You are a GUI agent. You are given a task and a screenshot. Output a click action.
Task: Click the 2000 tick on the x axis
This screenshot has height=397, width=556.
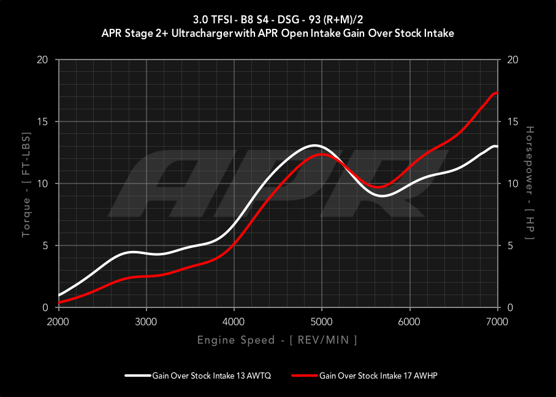[58, 321]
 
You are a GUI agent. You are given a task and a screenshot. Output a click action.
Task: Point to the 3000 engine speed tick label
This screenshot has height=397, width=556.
[146, 321]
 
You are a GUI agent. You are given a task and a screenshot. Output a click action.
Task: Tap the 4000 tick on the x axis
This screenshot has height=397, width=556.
[234, 321]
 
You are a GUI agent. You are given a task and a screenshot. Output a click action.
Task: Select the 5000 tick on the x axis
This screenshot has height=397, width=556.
[321, 321]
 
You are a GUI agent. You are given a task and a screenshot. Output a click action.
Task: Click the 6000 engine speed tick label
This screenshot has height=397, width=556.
[409, 321]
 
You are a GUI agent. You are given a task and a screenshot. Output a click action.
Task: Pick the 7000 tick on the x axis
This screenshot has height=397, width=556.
[497, 321]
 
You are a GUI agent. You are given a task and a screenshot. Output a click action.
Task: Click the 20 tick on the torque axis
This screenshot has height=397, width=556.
[43, 60]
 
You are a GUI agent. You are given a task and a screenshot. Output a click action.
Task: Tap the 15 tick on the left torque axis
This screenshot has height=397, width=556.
[43, 122]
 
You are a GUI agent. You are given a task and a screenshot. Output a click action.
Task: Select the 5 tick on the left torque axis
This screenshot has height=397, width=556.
[46, 246]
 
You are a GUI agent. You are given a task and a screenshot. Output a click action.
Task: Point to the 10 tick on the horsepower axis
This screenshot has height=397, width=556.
[511, 184]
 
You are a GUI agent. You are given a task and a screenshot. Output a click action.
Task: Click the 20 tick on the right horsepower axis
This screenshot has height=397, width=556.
[511, 60]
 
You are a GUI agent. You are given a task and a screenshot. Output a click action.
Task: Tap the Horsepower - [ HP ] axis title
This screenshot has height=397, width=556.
[529, 184]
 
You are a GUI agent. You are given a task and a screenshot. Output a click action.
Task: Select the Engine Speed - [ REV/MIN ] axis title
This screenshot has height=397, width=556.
[277, 340]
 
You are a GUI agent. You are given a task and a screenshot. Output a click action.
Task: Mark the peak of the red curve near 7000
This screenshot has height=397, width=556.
[496, 93]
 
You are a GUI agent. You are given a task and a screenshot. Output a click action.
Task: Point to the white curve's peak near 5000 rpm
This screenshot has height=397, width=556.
[314, 145]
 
